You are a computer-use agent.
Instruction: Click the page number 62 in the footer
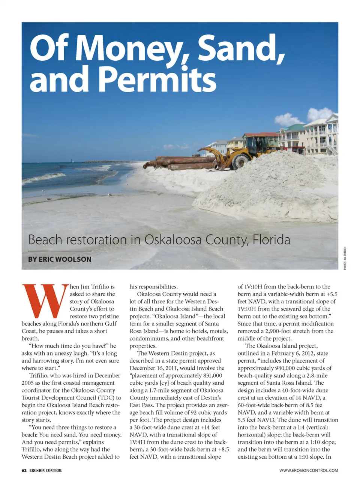coord(24,470)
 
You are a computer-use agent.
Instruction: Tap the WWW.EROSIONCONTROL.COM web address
coord(309,470)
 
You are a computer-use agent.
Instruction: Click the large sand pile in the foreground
coord(270,187)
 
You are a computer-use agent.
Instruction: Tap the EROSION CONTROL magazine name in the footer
coord(46,470)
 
